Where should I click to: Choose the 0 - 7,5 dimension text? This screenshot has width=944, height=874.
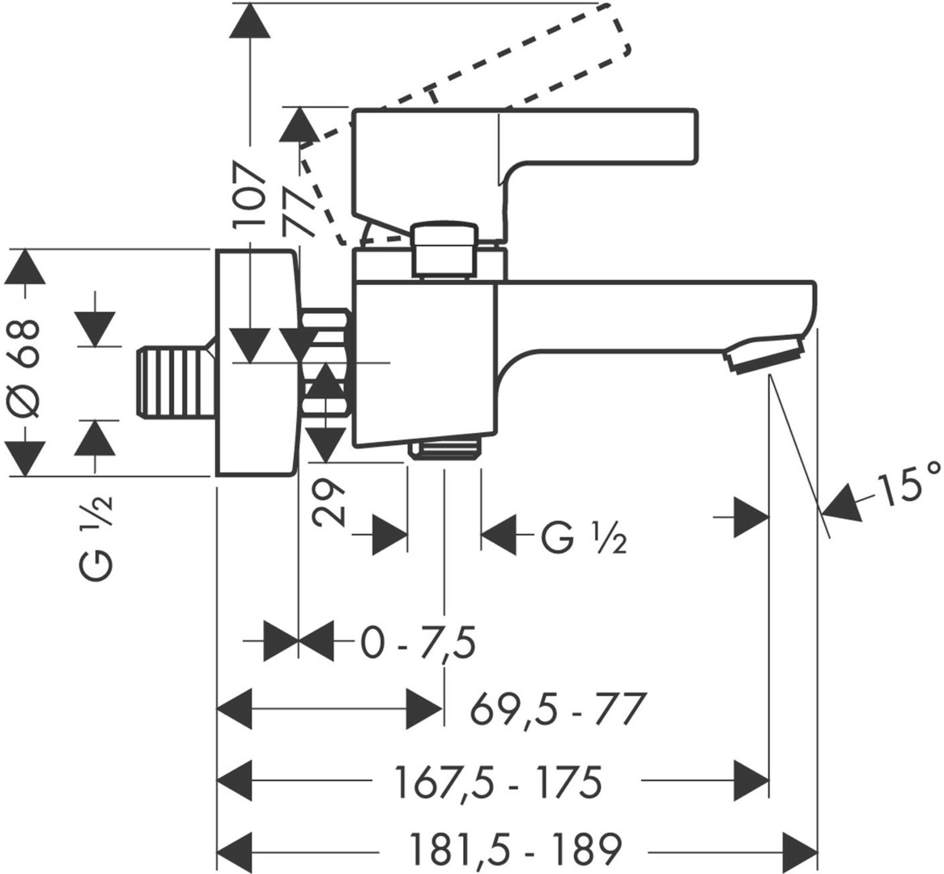pyautogui.click(x=417, y=644)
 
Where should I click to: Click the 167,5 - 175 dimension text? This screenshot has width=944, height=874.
pyautogui.click(x=498, y=782)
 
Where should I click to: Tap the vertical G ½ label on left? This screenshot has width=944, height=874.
pyautogui.click(x=96, y=537)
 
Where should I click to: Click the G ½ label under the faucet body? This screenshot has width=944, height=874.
pyautogui.click(x=581, y=537)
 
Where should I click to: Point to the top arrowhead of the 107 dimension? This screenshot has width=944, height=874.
pyautogui.click(x=250, y=19)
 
